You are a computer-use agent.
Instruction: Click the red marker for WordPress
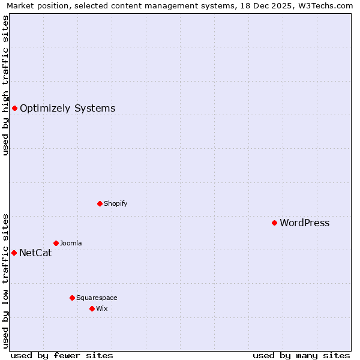[x=274, y=223]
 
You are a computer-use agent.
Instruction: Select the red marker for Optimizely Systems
[x=14, y=108]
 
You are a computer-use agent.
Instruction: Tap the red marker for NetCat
[x=14, y=253]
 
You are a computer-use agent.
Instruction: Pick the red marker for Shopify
[x=100, y=203]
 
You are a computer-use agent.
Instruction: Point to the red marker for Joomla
[x=56, y=243]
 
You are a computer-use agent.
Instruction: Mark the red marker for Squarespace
[x=72, y=298]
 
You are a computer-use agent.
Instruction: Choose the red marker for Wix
[x=92, y=308]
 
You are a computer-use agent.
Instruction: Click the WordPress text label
[x=305, y=223]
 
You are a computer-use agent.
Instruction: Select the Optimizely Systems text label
[x=67, y=109]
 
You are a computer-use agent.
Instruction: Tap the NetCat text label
[x=35, y=253]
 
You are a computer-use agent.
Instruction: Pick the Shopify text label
[x=115, y=203]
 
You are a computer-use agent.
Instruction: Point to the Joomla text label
[x=71, y=243]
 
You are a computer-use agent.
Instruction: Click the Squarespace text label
[x=97, y=298]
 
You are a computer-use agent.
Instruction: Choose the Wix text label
[x=101, y=308]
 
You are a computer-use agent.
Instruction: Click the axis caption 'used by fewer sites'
[x=62, y=355]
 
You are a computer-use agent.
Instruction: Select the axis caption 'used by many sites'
[x=301, y=355]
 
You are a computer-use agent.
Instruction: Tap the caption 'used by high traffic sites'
[x=5, y=85]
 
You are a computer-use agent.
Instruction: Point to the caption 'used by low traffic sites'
[x=5, y=280]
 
